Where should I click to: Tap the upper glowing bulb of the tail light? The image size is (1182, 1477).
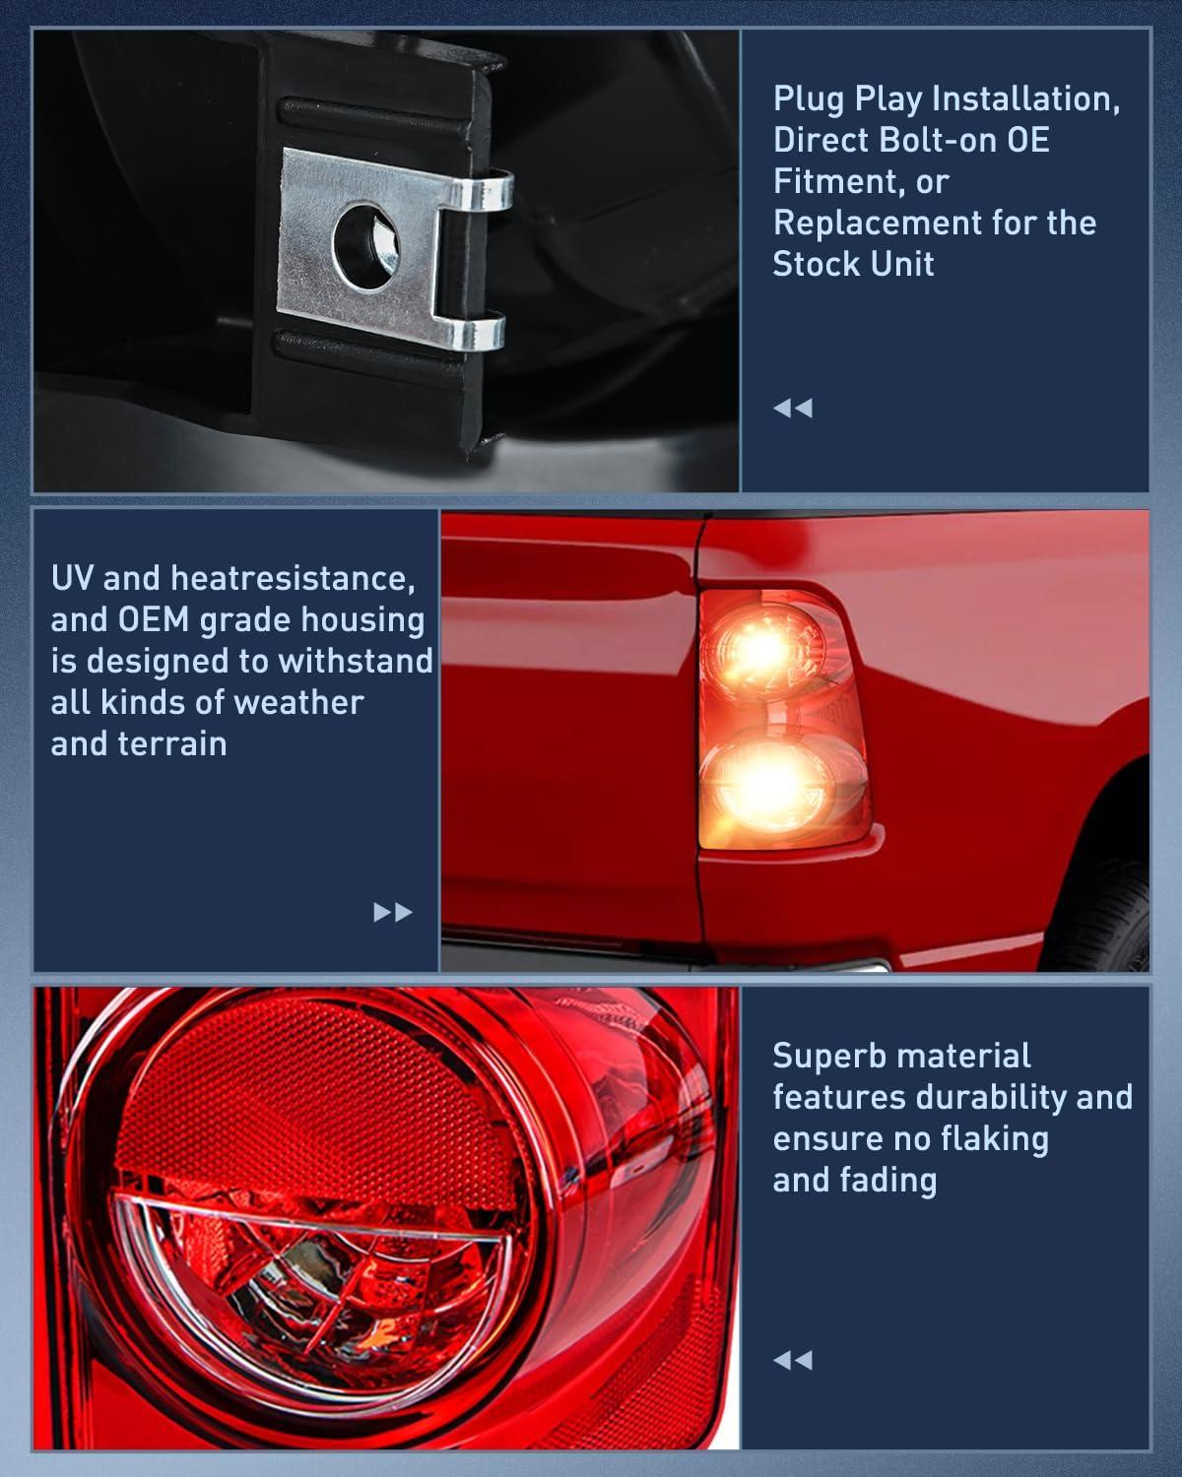click(763, 648)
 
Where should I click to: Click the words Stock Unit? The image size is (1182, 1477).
click(853, 264)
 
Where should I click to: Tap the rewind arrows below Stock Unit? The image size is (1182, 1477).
click(793, 409)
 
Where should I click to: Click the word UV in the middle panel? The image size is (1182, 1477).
click(72, 578)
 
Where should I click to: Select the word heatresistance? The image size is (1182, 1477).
click(293, 579)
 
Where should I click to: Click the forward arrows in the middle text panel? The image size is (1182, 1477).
click(393, 912)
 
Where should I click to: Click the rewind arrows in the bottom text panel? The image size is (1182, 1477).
click(793, 1360)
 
